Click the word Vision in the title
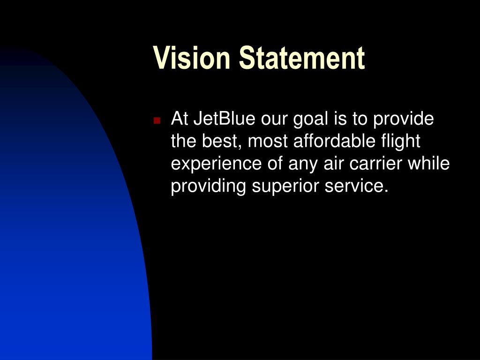point(193,58)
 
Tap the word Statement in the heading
point(301,58)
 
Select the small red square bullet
point(157,120)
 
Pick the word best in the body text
point(221,141)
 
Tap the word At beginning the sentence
point(180,119)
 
